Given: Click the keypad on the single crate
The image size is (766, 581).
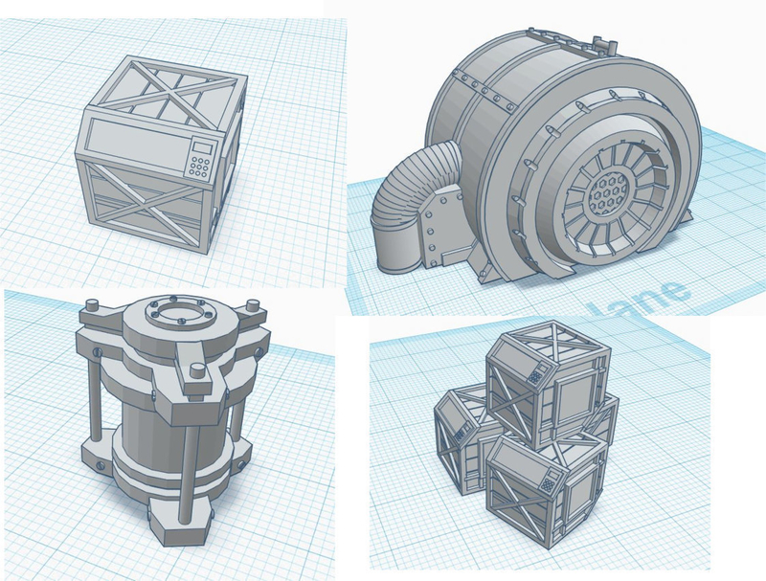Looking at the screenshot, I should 199,165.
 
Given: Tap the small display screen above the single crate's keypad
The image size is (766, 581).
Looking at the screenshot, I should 202,146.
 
